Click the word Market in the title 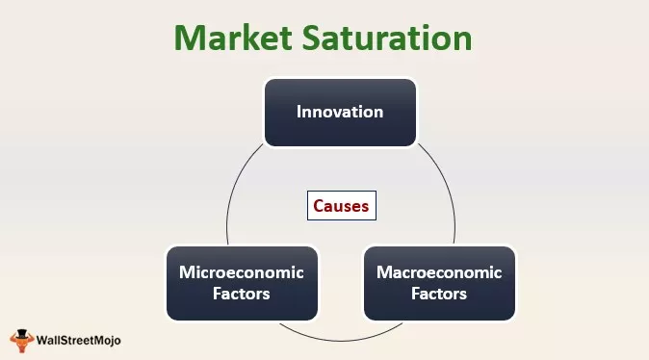[230, 38]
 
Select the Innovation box [340, 113]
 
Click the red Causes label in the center [340, 205]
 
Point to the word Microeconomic [241, 272]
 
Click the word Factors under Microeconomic [241, 294]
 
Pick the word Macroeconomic [439, 272]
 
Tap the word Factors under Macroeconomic [439, 294]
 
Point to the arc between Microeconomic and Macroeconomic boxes [340, 339]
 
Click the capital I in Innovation [299, 112]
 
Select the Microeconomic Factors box [241, 283]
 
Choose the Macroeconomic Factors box [439, 283]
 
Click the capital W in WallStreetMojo [41, 340]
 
